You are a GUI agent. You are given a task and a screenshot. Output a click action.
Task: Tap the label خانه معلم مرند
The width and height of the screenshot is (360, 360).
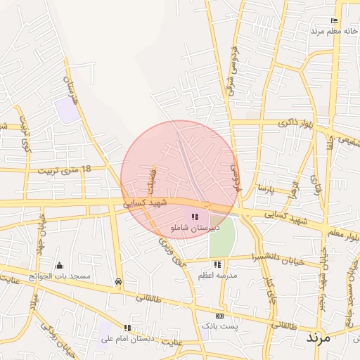coord(335,31)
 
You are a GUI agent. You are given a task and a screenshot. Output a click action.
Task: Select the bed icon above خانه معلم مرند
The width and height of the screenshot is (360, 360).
coord(334,20)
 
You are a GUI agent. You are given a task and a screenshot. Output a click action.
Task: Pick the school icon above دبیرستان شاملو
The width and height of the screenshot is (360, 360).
coord(195,217)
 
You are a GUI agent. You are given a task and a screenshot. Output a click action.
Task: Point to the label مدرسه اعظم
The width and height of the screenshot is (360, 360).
coord(217,276)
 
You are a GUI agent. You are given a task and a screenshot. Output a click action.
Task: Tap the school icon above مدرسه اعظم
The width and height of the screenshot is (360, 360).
coord(217,264)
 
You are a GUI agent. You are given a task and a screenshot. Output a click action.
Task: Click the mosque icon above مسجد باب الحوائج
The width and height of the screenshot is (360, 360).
coord(58,265)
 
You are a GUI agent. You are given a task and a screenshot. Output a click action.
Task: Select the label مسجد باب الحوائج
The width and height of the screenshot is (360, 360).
coord(59,276)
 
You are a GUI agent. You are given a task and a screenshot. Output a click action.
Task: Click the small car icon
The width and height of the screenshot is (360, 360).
coord(118,281)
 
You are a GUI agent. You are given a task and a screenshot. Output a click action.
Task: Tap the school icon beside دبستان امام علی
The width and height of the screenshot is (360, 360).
coord(127,328)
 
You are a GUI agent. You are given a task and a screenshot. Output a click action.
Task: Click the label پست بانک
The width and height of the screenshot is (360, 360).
coord(219,326)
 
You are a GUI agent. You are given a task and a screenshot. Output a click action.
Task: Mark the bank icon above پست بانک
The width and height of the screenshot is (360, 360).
coord(219,316)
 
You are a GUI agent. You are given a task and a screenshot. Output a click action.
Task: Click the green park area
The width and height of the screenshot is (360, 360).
coord(221,239)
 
